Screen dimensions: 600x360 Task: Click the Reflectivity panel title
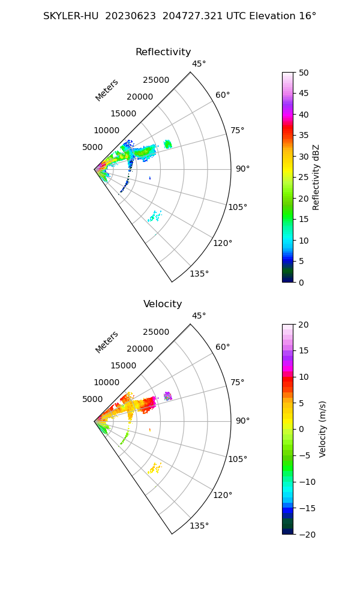coord(163,52)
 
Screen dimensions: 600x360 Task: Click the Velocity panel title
coord(163,304)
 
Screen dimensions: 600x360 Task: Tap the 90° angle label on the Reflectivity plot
coord(242,169)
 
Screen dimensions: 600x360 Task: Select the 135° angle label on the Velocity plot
coord(199,526)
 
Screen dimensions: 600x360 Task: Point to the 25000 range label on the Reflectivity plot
coord(156,80)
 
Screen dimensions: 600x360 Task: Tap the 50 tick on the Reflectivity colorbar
coord(304,73)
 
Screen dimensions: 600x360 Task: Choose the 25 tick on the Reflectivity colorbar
coord(304,178)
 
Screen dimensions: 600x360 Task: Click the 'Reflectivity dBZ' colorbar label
coord(316,177)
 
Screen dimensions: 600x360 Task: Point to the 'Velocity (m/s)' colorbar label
coord(322,429)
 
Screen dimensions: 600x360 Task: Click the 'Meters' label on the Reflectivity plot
coord(107,90)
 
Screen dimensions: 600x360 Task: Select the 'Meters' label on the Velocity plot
coord(107,342)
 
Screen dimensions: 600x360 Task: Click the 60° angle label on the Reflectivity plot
coord(223,95)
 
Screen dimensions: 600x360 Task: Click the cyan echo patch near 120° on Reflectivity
coord(155,217)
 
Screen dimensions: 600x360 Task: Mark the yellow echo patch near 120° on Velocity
coord(155,468)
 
